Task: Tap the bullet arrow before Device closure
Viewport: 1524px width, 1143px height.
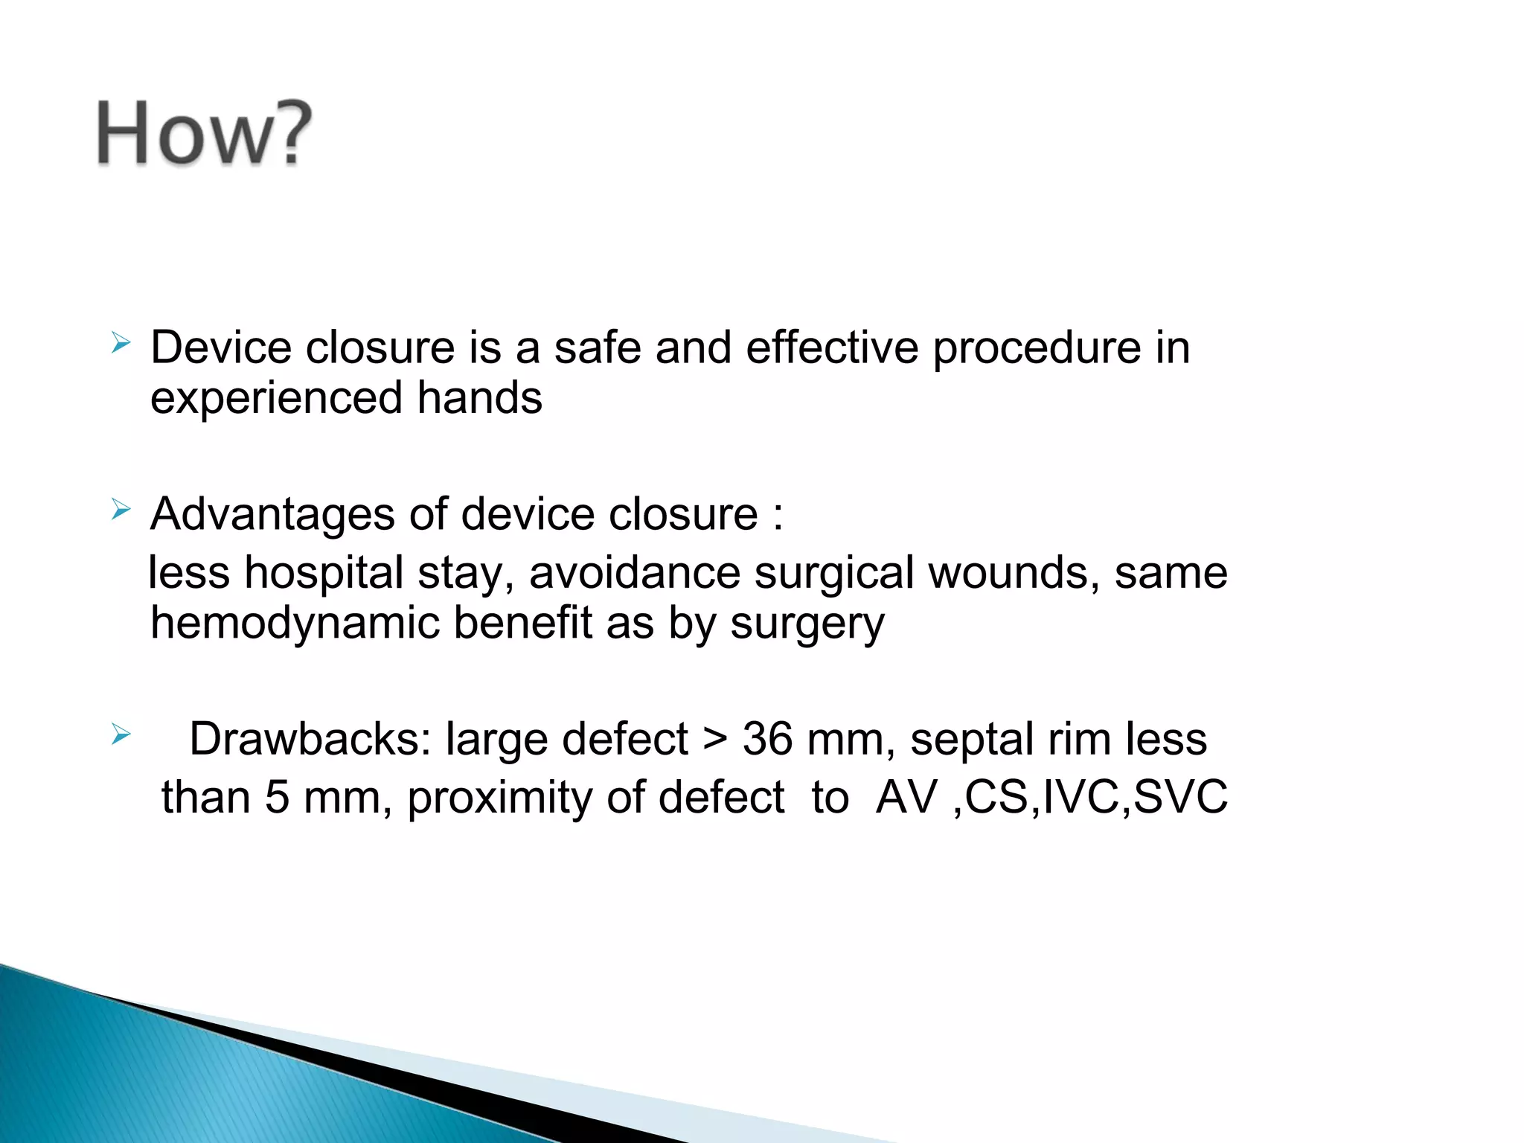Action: [x=121, y=343]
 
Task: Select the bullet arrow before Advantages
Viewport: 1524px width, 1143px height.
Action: [x=121, y=510]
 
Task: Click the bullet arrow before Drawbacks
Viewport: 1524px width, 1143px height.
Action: [x=121, y=735]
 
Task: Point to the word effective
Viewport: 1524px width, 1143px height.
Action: [x=832, y=348]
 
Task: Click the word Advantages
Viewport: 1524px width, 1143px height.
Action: [x=272, y=515]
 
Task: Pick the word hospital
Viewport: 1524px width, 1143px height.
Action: [x=324, y=573]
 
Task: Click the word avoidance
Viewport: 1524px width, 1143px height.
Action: [x=635, y=573]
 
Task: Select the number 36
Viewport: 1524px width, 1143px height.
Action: [x=768, y=740]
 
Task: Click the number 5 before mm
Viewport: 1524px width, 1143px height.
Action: [x=277, y=797]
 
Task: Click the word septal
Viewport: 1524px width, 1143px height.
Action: [x=972, y=741]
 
